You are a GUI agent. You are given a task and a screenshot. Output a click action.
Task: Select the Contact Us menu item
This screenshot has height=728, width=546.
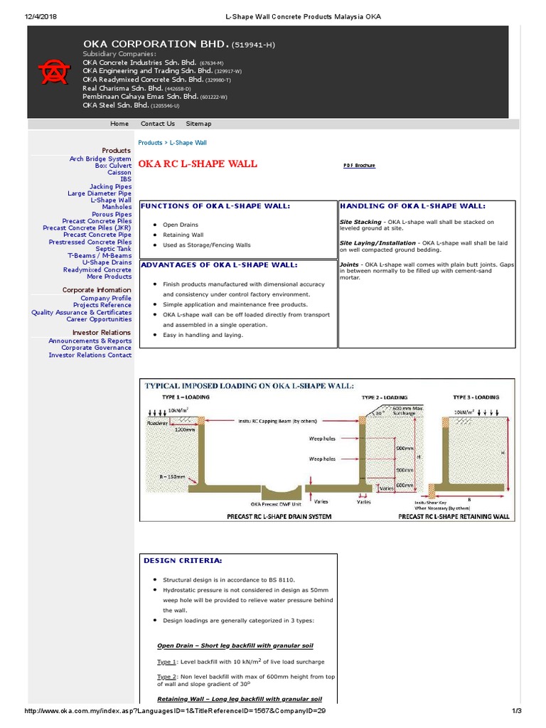pos(157,124)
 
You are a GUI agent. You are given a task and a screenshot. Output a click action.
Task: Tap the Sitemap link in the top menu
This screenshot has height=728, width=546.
pos(198,124)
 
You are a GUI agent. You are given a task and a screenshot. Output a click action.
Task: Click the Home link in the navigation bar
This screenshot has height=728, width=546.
pos(119,124)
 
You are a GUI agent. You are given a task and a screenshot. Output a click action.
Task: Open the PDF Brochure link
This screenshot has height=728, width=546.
pos(359,166)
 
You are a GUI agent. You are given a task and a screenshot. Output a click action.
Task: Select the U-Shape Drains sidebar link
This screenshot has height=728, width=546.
pos(107,262)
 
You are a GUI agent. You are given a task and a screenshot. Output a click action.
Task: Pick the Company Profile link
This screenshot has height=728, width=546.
pos(106,299)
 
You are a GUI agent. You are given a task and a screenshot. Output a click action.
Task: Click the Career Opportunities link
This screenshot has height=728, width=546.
pos(99,319)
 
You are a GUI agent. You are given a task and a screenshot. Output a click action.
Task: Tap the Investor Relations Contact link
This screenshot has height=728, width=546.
pos(90,355)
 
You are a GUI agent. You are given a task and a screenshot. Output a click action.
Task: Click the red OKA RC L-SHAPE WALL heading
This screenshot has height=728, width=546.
pos(197,164)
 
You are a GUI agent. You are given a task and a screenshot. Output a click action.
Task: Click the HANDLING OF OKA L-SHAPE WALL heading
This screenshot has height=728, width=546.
pos(412,206)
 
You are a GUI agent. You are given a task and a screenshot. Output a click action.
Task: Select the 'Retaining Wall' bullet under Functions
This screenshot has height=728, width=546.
pos(183,235)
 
